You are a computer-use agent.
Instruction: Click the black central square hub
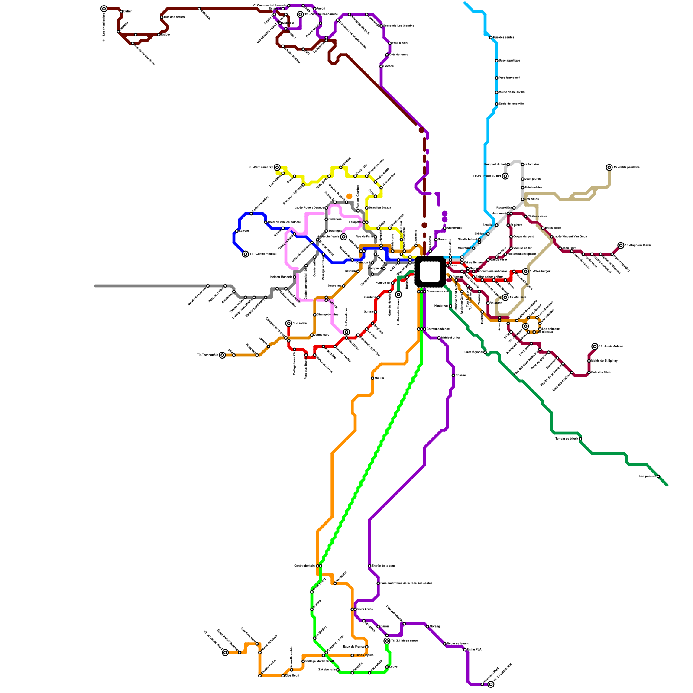coord(430,271)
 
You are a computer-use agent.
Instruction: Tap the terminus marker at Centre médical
coord(246,254)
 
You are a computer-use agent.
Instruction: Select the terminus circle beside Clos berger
coord(525,272)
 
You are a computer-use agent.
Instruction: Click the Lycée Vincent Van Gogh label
coord(570,236)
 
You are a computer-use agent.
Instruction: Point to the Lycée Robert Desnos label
coord(309,208)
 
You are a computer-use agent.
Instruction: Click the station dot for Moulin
coord(372,378)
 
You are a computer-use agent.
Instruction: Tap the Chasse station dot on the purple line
coord(453,376)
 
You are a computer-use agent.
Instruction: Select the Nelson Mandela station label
coord(281,277)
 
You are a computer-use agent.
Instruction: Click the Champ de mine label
coord(327,314)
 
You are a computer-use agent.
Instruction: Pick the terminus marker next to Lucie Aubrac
coord(595,346)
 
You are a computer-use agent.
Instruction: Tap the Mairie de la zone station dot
coord(370,566)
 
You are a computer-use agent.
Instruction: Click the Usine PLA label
coord(474,649)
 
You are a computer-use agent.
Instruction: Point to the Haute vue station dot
coord(450,306)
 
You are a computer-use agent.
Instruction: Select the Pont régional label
coord(473,352)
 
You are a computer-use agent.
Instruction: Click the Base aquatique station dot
coord(496,61)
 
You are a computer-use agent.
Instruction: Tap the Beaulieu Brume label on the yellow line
coord(380,208)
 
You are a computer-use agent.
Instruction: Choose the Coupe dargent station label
coord(523,236)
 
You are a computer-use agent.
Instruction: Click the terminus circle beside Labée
coord(289,324)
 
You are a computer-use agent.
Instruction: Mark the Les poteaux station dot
coord(658,476)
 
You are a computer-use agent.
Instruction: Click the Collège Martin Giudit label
coord(320,661)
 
